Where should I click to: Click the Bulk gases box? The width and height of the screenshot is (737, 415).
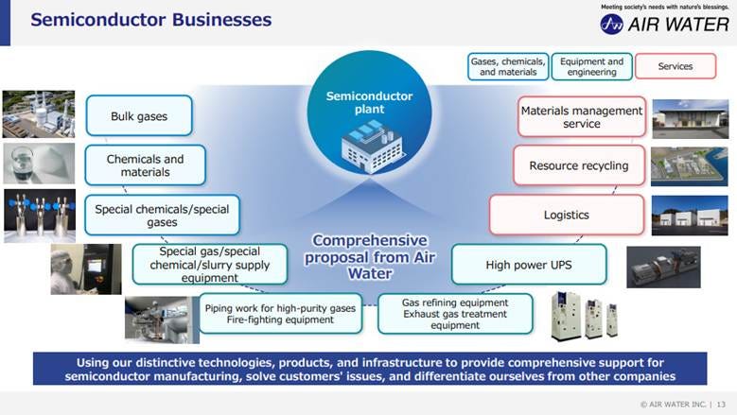click(139, 116)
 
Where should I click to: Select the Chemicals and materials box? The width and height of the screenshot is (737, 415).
click(145, 165)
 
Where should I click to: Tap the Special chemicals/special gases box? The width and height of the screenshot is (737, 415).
click(162, 216)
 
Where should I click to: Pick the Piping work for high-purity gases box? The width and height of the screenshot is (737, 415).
click(280, 313)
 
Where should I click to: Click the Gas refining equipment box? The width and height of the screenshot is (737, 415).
click(455, 314)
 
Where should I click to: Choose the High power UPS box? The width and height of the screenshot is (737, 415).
click(528, 266)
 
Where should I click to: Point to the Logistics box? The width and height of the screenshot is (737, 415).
click(566, 215)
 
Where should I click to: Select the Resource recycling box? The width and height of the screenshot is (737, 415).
click(578, 165)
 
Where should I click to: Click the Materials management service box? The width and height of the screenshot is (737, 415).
click(581, 117)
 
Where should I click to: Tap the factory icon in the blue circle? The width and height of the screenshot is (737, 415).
click(369, 147)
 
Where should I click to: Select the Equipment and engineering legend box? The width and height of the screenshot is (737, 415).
click(591, 66)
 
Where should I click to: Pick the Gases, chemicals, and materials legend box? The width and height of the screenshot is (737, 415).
click(508, 66)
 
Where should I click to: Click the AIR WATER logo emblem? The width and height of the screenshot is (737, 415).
click(611, 24)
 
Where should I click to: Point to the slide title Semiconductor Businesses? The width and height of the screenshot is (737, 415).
click(150, 20)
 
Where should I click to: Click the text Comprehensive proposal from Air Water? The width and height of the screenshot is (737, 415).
click(369, 256)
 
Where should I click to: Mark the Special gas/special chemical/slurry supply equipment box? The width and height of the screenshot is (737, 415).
click(209, 265)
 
